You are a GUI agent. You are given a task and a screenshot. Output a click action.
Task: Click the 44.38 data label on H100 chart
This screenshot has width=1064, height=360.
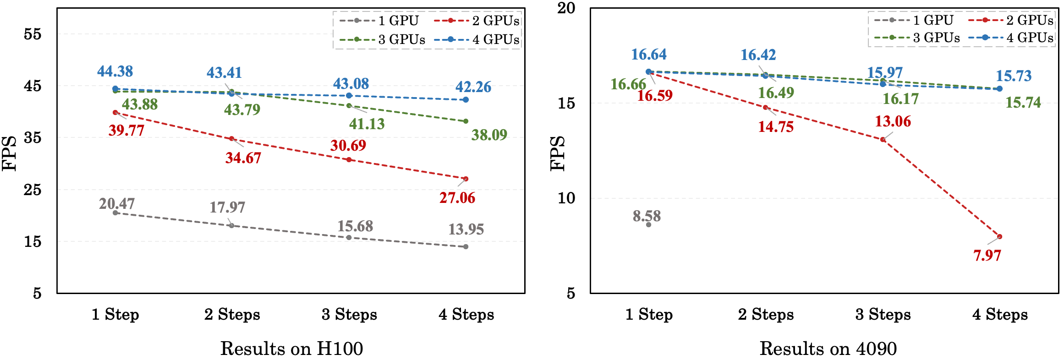pos(115,71)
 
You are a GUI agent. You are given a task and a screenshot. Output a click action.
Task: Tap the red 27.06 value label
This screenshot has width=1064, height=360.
pos(457,198)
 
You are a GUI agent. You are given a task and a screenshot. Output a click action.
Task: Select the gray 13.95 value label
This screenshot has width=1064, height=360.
pos(466,229)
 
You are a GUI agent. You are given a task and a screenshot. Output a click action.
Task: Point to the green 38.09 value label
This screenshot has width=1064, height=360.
pos(489,135)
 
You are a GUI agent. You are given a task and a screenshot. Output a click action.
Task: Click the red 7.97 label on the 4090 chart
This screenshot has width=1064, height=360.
pos(987,255)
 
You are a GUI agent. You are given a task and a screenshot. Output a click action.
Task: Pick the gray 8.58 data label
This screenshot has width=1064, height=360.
pos(647,216)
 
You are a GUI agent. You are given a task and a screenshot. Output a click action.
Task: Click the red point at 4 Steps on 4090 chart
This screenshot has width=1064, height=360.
pos(999,237)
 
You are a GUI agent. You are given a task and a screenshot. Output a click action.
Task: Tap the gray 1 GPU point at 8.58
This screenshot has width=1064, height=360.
pos(648,224)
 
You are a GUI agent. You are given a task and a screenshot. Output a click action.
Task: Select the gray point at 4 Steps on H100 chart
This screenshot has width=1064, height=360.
pos(466,247)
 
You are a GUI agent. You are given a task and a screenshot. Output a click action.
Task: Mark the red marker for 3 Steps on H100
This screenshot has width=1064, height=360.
pos(349,160)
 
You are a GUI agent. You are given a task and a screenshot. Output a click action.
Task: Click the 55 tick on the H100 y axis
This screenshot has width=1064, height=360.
pos(33,34)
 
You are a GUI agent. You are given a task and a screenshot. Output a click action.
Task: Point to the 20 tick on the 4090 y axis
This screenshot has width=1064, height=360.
pos(566,8)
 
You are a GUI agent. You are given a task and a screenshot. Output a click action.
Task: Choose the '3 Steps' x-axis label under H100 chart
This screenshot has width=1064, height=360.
pos(349,315)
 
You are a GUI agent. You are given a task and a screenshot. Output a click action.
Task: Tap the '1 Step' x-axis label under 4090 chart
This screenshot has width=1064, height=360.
pos(649,315)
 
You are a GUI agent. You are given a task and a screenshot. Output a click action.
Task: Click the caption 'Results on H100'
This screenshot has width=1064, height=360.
pos(291,349)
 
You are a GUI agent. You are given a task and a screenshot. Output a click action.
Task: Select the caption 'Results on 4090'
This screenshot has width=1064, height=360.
pos(828,349)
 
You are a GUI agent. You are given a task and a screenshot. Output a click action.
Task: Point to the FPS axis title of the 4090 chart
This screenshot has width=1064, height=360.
pos(558,153)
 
